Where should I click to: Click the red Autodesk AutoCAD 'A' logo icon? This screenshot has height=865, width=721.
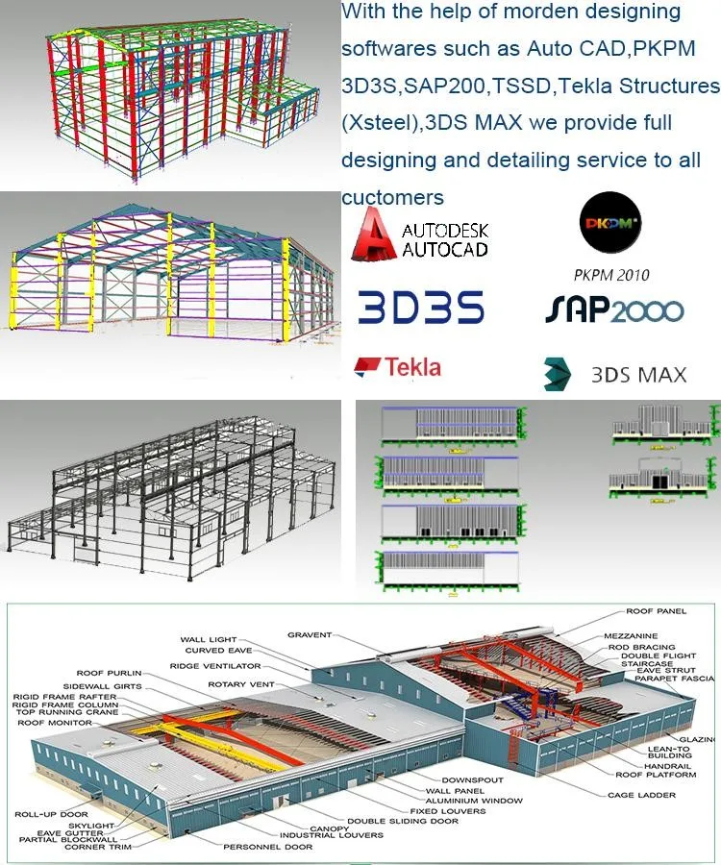[371, 236]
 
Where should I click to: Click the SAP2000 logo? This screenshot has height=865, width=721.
[614, 309]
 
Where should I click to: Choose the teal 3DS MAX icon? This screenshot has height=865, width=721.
[559, 373]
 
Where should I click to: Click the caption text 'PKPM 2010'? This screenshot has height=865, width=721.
[610, 275]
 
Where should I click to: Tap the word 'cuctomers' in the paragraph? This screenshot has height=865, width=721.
[392, 198]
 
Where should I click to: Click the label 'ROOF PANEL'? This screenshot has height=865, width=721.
[657, 611]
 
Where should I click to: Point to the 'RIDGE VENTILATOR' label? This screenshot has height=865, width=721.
[216, 665]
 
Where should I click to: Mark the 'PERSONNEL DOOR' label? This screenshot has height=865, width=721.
[268, 847]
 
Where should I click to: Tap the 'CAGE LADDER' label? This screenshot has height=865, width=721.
[641, 795]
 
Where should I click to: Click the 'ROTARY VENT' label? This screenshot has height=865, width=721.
[241, 684]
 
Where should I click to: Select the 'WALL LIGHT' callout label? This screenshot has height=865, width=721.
[208, 639]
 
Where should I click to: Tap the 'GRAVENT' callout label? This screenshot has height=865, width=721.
[310, 634]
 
